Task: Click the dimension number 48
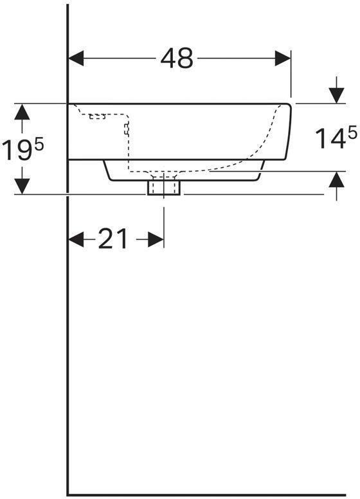pos(177,59)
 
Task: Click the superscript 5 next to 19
pos(39,145)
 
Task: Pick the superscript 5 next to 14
pos(352,133)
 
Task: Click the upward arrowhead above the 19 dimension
pos(22,112)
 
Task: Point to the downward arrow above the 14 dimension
pos(336,94)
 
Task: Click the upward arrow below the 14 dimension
pos(336,181)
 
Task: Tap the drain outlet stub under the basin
pos(164,187)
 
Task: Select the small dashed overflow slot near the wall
pos(97,117)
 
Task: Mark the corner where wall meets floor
pos(68,494)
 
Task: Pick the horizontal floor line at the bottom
pos(212,494)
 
